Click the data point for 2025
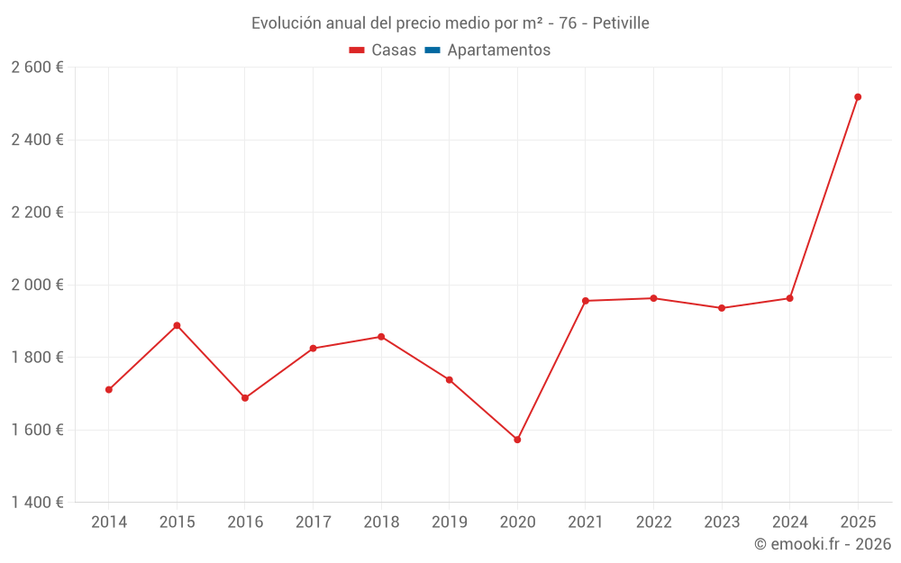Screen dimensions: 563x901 tap(858, 97)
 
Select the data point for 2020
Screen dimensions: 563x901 tap(517, 440)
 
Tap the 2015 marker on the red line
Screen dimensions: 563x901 tap(177, 325)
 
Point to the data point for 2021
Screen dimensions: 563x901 tap(586, 301)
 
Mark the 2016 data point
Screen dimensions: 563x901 tap(245, 398)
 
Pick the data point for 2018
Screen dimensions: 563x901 tap(381, 337)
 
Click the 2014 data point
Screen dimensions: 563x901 tap(109, 390)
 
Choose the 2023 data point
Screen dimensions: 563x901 tap(722, 308)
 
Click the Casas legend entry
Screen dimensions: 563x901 tap(383, 50)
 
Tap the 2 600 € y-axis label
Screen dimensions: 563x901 tap(38, 68)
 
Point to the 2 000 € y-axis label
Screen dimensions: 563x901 tap(38, 285)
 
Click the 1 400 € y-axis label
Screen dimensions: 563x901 tap(38, 502)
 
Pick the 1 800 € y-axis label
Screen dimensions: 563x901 tap(38, 358)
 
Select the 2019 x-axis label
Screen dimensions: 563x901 tap(450, 522)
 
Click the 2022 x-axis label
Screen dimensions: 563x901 tap(653, 522)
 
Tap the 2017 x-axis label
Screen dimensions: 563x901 tap(313, 522)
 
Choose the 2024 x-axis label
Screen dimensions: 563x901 tap(790, 522)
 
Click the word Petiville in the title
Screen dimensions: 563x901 tap(621, 23)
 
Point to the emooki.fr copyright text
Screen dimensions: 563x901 tap(823, 544)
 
